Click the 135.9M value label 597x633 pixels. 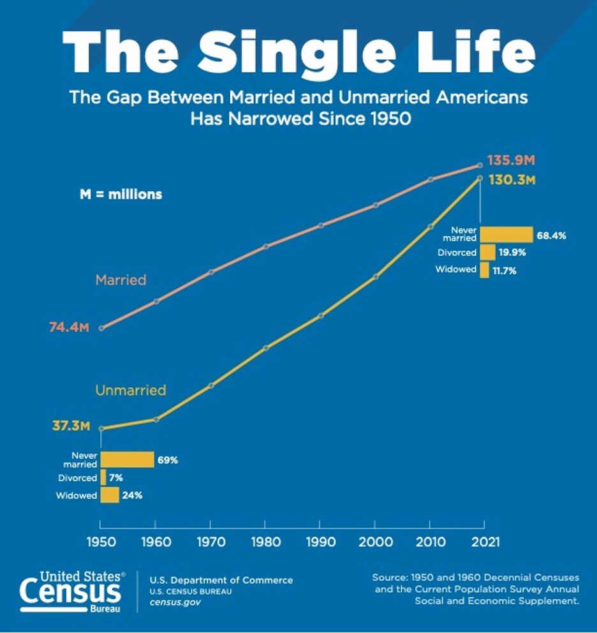tap(510, 160)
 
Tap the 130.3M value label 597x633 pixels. tap(511, 180)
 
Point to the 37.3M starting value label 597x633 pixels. tap(70, 426)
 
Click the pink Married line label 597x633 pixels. tap(121, 279)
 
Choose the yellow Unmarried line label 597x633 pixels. tap(130, 390)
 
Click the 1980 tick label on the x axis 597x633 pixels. tap(265, 542)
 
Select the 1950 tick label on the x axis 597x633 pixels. tap(100, 542)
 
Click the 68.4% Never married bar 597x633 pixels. tap(506, 234)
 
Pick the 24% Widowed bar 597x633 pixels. tap(110, 495)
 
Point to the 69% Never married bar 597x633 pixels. tap(127, 459)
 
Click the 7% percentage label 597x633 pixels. tap(115, 478)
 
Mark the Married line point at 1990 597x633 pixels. tap(320, 225)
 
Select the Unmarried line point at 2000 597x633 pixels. tap(375, 277)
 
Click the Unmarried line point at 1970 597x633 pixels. tap(210, 385)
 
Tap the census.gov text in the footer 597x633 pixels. tap(175, 602)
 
